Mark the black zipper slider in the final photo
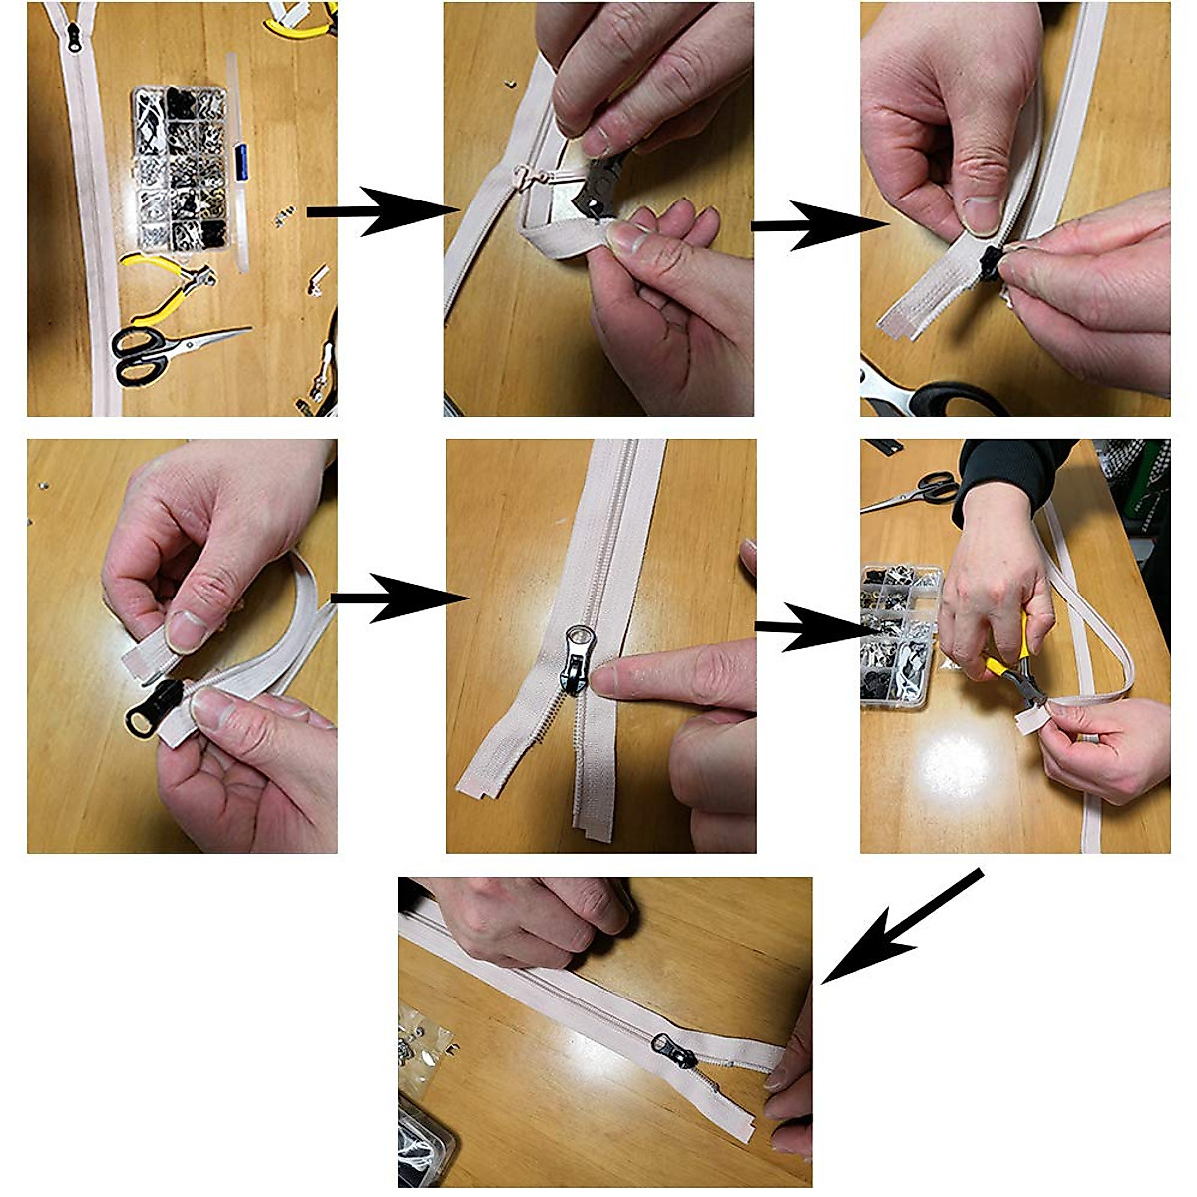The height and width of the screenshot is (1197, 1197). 674,1050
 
